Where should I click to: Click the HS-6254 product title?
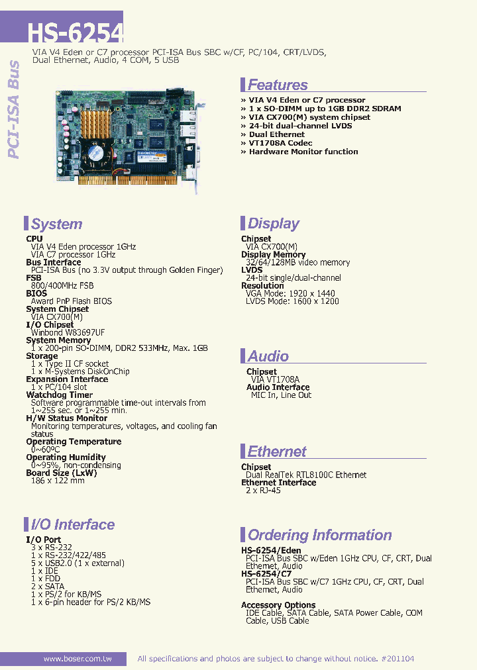(x=75, y=32)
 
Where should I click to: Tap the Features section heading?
(x=277, y=85)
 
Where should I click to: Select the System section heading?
(x=56, y=224)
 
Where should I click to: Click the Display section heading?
(x=273, y=223)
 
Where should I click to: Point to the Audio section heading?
(x=268, y=356)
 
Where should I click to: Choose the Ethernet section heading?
(x=276, y=452)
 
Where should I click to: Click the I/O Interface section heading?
(x=72, y=525)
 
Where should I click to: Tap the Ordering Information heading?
(x=319, y=535)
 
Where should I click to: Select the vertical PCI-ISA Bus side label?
(x=15, y=109)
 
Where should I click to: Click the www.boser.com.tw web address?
(x=77, y=659)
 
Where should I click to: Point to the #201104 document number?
(x=398, y=659)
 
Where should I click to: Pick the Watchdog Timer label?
(x=60, y=395)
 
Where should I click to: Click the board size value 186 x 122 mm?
(x=58, y=481)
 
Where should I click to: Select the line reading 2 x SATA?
(x=48, y=587)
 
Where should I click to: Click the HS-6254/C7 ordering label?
(x=266, y=574)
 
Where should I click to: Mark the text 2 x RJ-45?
(x=263, y=491)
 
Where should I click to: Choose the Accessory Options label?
(x=278, y=605)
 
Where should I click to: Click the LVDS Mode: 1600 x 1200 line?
(x=292, y=301)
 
